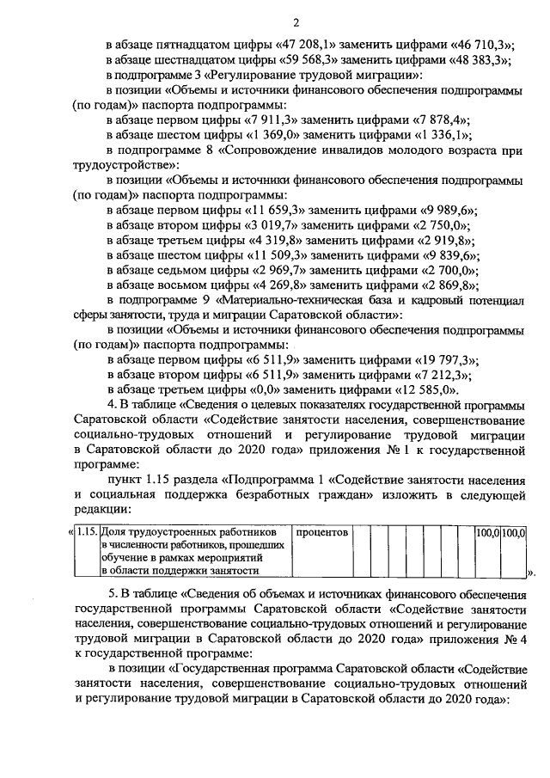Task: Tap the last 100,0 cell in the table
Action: click(514, 533)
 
